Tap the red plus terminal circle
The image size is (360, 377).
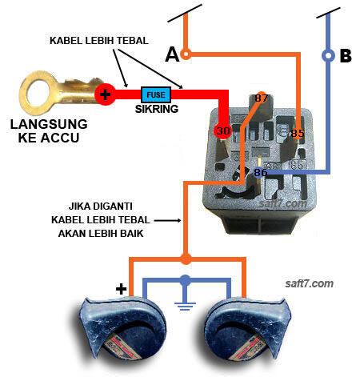pyautogui.click(x=106, y=94)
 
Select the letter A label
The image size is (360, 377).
pyautogui.click(x=170, y=54)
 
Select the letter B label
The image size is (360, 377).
pyautogui.click(x=346, y=56)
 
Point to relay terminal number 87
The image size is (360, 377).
pyautogui.click(x=261, y=98)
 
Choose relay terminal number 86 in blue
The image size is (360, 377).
pyautogui.click(x=261, y=172)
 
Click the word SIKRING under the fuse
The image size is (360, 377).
pyautogui.click(x=156, y=108)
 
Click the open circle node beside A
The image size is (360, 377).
pyautogui.click(x=186, y=54)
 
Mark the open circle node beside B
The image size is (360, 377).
pyautogui.click(x=327, y=56)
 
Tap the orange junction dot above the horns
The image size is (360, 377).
pyautogui.click(x=186, y=259)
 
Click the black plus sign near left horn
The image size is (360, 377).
pyautogui.click(x=122, y=289)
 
